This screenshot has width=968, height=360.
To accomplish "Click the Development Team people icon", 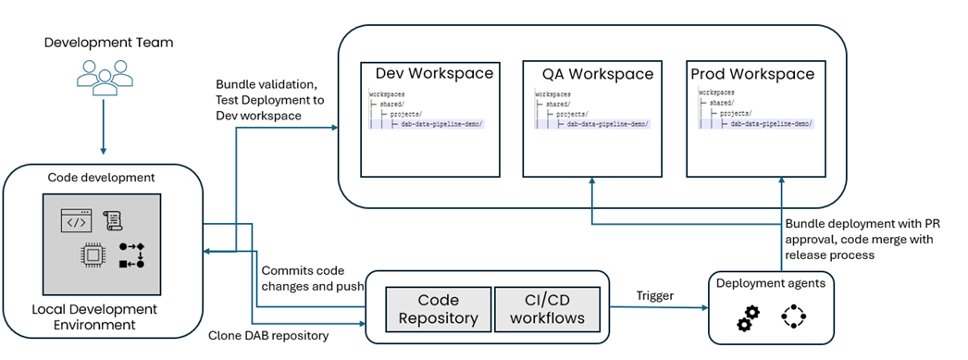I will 105,76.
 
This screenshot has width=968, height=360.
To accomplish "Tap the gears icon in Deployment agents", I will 748,319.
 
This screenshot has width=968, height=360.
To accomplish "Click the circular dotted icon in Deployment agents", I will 794,319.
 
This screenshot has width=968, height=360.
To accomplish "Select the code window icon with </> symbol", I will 76,221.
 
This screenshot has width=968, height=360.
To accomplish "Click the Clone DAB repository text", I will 268,335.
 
